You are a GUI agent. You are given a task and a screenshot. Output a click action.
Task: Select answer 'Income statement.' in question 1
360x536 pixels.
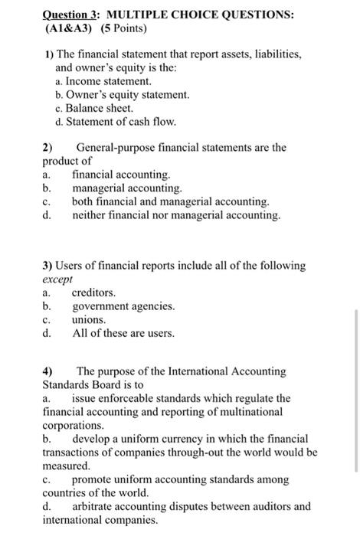click(109, 80)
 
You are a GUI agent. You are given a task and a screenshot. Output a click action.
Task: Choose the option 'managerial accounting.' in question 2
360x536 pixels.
click(127, 188)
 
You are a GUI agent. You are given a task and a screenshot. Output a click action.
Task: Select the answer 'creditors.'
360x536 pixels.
click(94, 293)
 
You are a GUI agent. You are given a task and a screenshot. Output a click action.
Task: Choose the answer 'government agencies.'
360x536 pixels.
click(123, 306)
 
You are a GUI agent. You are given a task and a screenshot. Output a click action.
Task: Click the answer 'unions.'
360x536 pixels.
click(89, 320)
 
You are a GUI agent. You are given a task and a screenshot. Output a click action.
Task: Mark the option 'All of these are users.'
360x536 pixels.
click(123, 333)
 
